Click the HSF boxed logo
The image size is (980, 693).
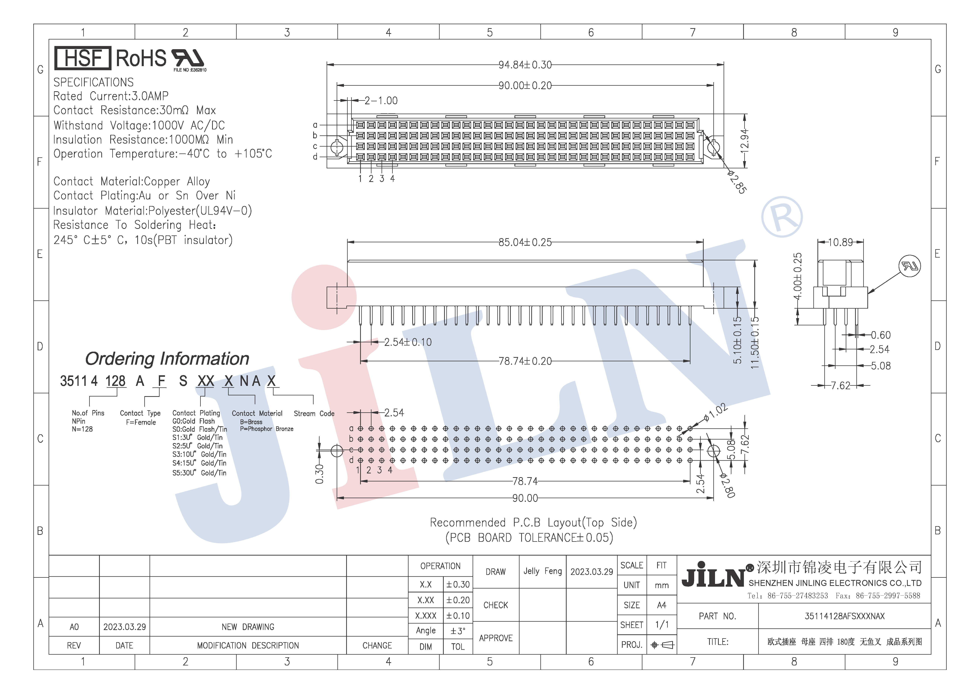[x=83, y=58]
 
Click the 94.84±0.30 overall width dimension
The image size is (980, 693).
[x=525, y=65]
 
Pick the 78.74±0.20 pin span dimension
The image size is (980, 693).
[x=525, y=361]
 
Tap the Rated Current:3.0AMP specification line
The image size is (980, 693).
[x=111, y=96]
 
